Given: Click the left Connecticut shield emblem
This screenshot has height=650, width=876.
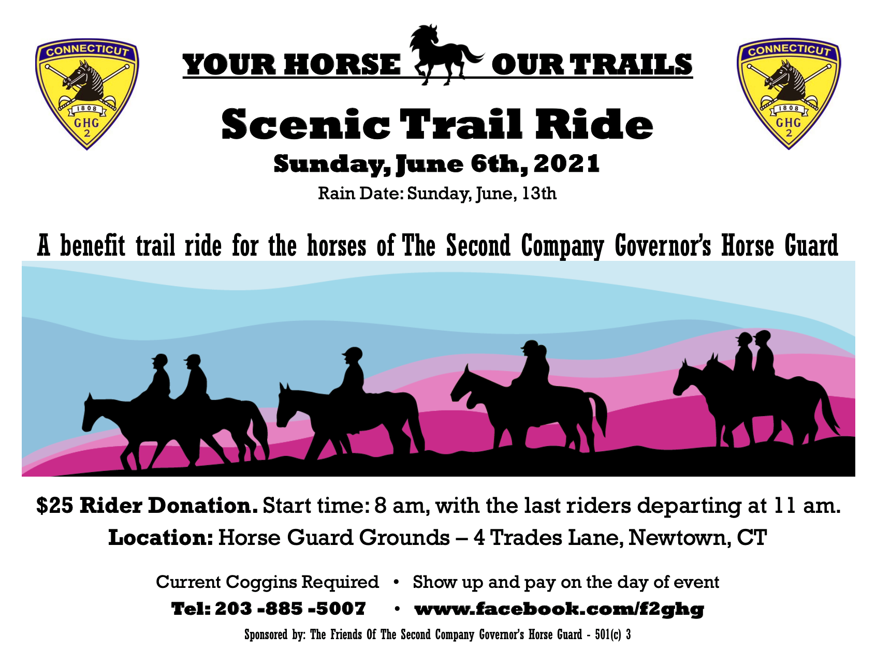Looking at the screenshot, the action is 87,94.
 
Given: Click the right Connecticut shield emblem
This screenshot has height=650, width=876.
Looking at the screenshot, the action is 789,94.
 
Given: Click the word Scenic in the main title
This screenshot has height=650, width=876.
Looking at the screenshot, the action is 305,124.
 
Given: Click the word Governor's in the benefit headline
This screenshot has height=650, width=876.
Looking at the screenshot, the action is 663,246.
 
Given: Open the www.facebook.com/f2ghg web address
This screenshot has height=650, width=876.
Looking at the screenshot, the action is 559,609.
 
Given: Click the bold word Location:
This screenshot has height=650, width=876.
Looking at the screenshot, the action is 160,538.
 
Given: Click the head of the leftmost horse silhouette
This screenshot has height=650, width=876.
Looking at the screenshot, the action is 93,412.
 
